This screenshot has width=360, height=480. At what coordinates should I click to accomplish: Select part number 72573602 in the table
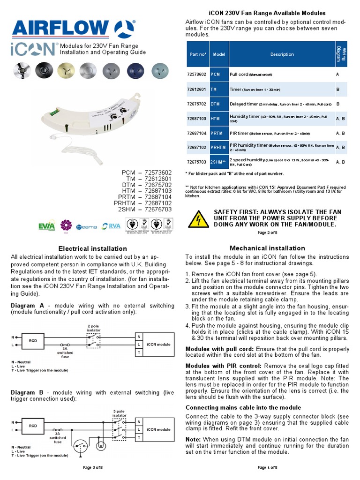click(x=197, y=74)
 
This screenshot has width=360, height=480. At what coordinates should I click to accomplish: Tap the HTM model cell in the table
click(x=216, y=119)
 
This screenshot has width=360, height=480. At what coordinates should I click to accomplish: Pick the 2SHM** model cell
click(x=218, y=162)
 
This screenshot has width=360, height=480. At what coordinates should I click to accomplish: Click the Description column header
click(x=282, y=54)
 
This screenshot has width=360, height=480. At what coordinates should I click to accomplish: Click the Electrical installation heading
click(x=92, y=248)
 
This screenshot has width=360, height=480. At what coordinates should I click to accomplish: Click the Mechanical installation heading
click(x=267, y=248)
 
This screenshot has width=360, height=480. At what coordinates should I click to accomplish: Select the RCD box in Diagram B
click(x=33, y=426)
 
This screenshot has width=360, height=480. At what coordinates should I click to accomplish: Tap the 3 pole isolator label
click(x=120, y=413)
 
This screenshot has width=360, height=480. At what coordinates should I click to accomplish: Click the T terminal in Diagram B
click(x=138, y=438)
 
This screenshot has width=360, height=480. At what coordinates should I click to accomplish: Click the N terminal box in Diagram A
click(x=138, y=337)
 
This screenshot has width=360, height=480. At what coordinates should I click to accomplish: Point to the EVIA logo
click(x=47, y=227)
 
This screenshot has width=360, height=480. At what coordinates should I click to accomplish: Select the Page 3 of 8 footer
click(x=92, y=467)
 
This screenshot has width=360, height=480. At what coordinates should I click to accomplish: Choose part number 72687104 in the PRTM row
click(x=197, y=133)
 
